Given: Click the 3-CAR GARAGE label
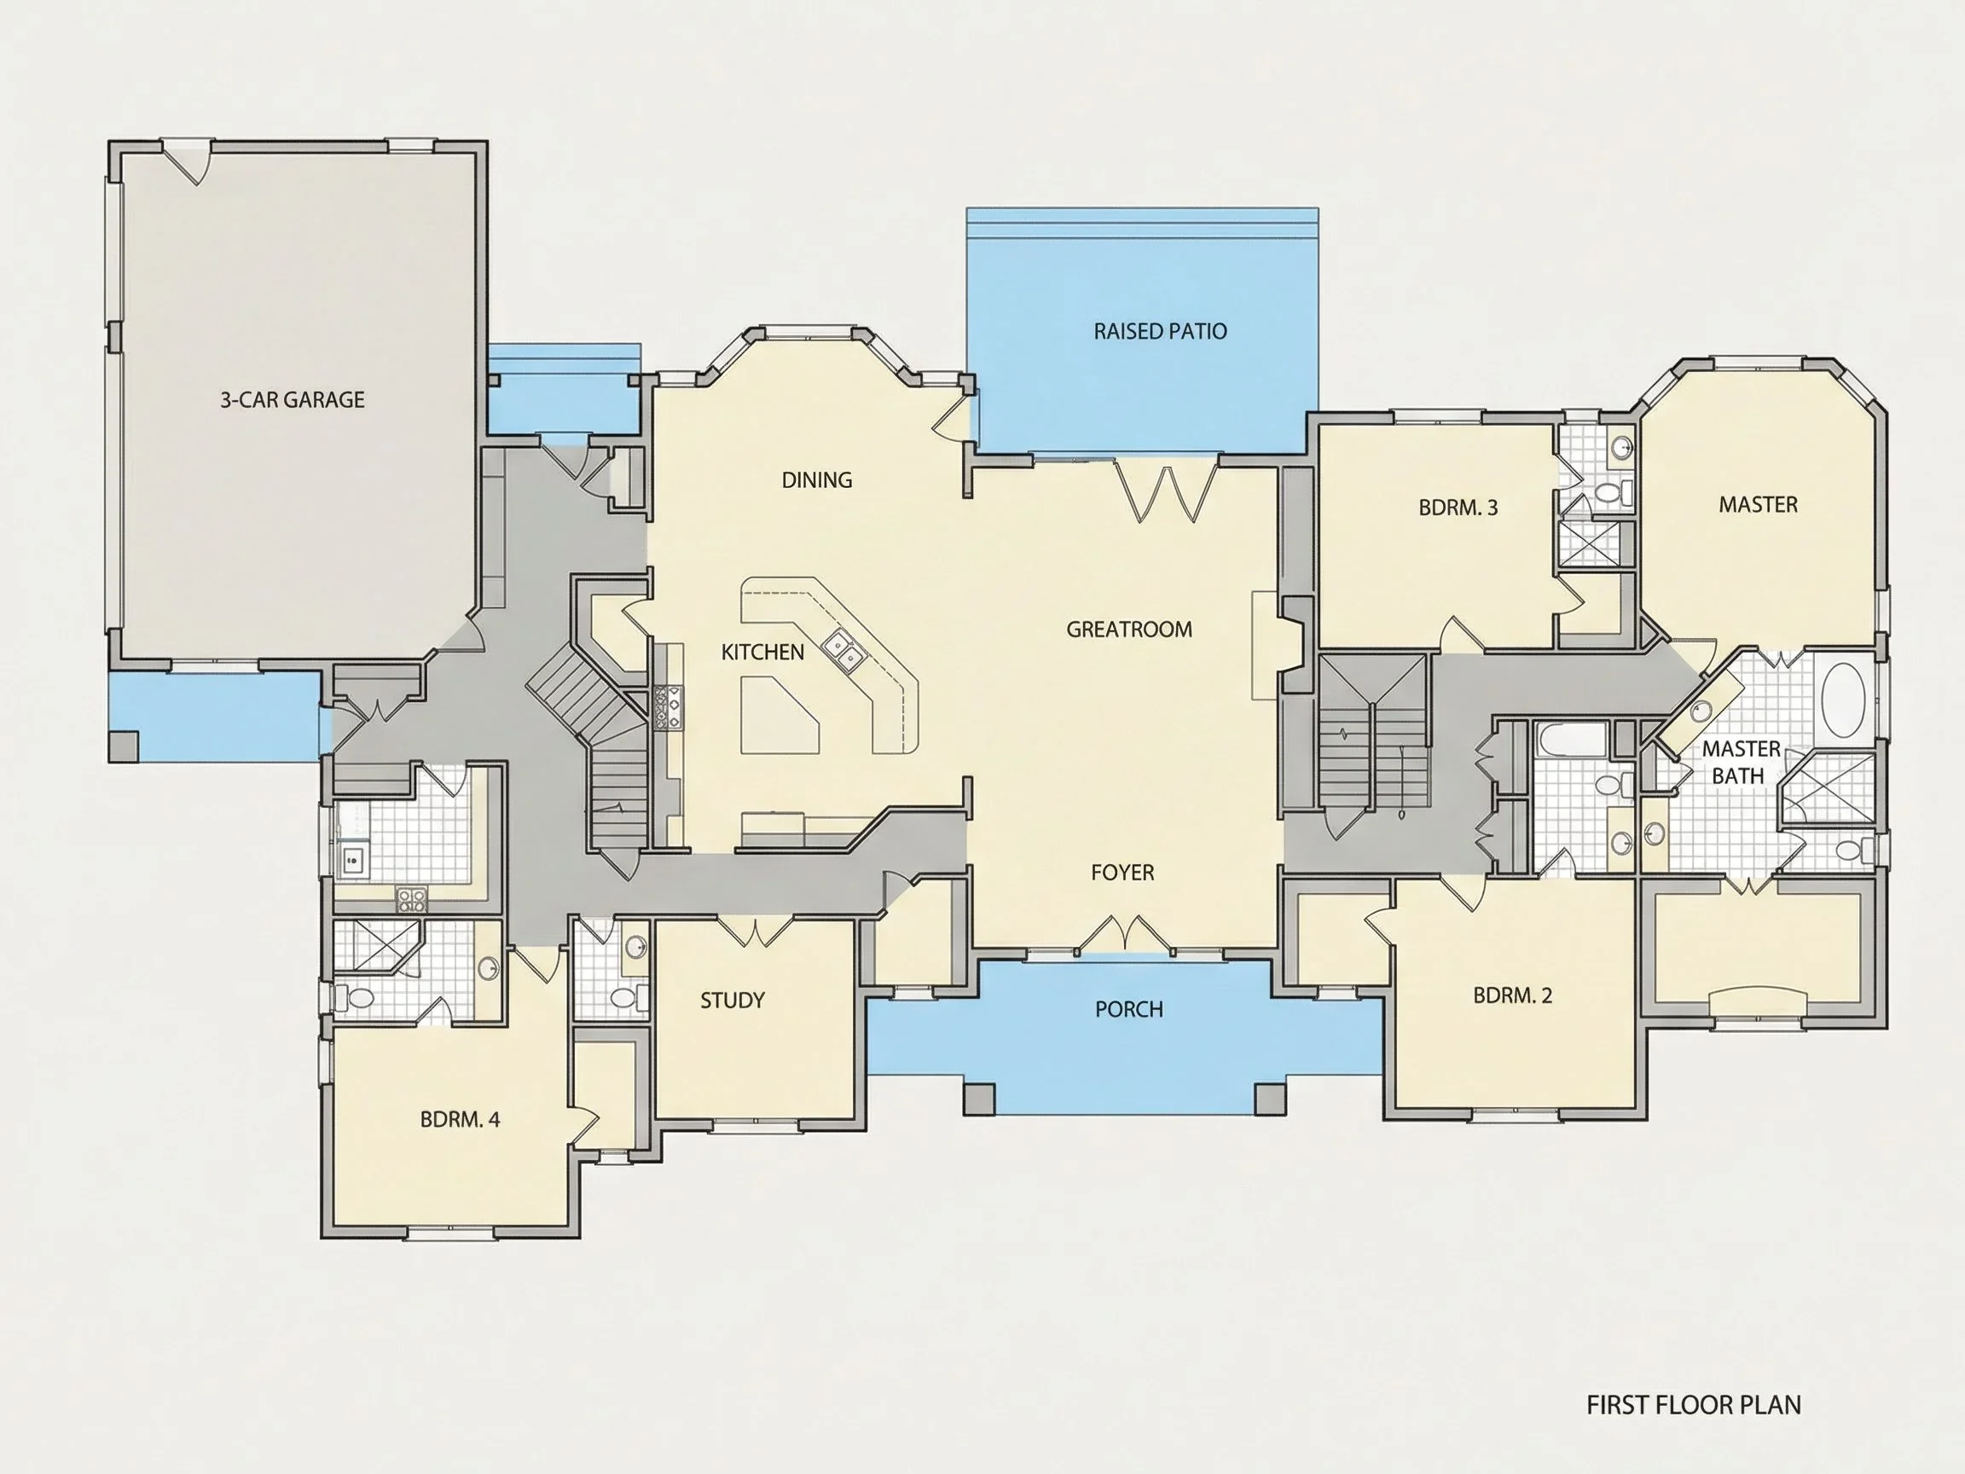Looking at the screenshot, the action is point(293,400).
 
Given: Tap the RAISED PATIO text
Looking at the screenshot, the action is point(1160,332).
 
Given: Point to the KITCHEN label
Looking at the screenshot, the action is point(762,653).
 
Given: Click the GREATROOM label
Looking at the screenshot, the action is point(1129,630).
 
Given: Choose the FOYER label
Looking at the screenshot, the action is point(1123,873).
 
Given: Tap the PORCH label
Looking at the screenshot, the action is point(1129,1009).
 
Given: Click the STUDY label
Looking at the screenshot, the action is point(732,1001).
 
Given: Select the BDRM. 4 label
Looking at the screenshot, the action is point(461,1119).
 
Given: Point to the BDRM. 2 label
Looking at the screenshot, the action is point(1513,996).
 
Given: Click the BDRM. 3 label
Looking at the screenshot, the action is point(1458,508).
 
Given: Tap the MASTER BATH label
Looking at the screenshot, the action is point(1742,763).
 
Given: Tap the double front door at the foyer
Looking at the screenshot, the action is point(1125,934).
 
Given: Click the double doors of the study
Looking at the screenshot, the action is point(754,931).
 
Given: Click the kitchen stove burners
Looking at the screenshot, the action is point(668,708).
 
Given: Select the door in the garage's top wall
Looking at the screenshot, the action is point(188,161).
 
